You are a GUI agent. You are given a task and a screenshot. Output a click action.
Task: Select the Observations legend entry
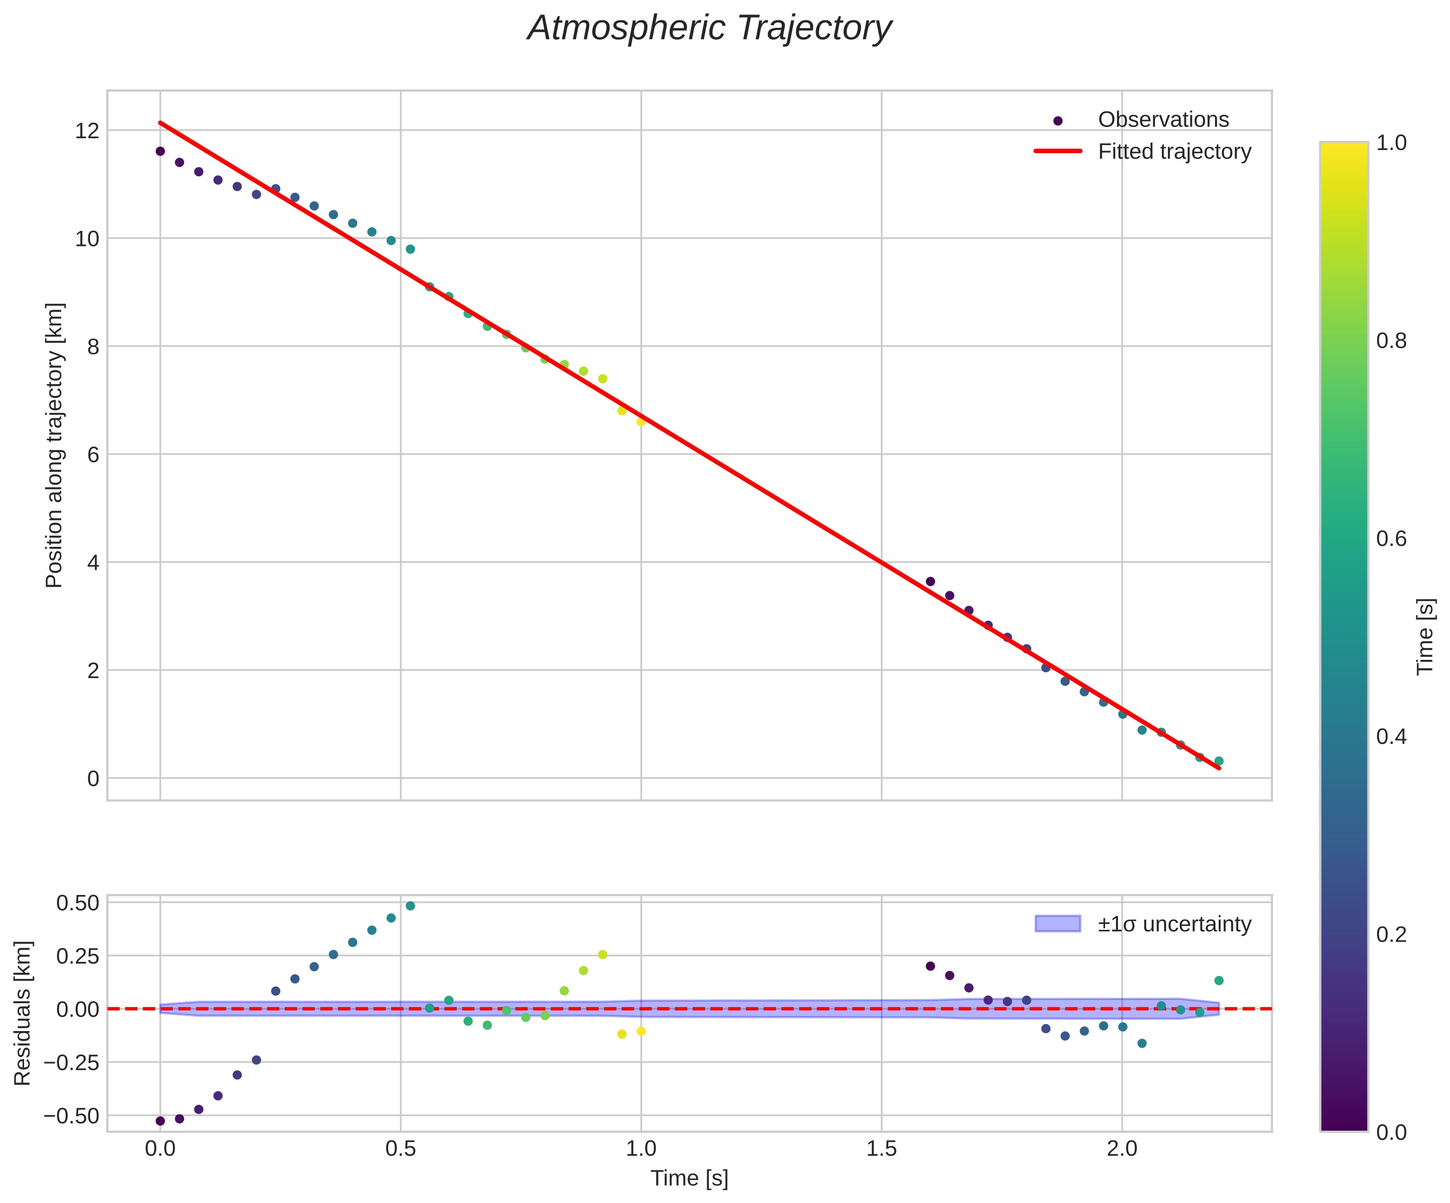click(x=1163, y=119)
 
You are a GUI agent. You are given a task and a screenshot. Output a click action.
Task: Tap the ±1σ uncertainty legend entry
click(x=1174, y=924)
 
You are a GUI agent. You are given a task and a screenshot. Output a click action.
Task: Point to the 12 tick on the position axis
click(x=87, y=131)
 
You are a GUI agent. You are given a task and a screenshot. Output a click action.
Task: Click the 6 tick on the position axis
click(x=93, y=454)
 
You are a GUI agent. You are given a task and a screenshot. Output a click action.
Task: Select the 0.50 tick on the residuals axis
click(x=77, y=903)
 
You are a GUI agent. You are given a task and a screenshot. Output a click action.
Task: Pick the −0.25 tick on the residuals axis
click(x=72, y=1062)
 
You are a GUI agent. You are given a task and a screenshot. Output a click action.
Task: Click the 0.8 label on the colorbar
click(x=1391, y=341)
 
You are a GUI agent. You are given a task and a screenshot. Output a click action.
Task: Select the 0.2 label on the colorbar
click(x=1391, y=934)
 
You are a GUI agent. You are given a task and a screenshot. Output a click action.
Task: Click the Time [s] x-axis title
click(x=689, y=1179)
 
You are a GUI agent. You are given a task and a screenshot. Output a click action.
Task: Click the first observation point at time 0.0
click(x=160, y=151)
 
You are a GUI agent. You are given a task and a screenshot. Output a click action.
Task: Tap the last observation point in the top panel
click(x=1219, y=761)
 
